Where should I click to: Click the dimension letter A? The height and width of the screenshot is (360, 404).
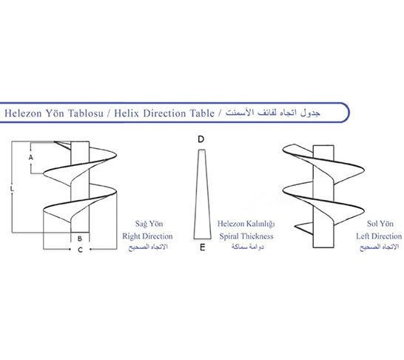(x=31, y=157)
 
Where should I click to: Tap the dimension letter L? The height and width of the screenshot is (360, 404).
(x=12, y=189)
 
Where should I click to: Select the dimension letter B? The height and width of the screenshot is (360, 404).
(x=80, y=239)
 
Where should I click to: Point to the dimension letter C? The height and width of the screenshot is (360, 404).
(x=80, y=250)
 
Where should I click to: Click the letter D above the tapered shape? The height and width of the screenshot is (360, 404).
(x=201, y=139)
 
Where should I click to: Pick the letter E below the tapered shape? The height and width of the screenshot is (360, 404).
(x=203, y=247)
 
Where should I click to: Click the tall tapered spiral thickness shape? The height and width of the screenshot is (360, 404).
(x=203, y=194)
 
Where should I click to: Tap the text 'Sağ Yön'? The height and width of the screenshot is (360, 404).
(x=149, y=224)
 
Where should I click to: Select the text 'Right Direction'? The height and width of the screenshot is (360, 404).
(x=147, y=236)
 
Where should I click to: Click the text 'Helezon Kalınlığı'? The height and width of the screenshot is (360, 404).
(x=246, y=224)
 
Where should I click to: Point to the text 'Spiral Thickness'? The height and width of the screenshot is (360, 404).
(x=246, y=236)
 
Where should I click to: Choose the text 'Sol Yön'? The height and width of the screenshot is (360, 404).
(x=380, y=224)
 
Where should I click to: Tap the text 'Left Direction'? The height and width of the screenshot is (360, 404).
(x=379, y=236)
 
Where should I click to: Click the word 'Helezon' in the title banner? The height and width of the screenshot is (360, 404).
(x=23, y=113)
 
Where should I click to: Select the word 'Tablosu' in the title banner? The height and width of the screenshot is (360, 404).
(x=86, y=113)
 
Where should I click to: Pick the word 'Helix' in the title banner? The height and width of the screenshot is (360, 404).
(x=127, y=113)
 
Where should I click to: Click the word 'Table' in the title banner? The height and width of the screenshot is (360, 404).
(x=202, y=113)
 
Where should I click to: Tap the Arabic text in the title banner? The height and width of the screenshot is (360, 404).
(x=273, y=113)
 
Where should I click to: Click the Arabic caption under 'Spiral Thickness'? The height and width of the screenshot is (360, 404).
(x=247, y=247)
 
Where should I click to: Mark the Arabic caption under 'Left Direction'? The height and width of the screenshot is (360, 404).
(x=380, y=247)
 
